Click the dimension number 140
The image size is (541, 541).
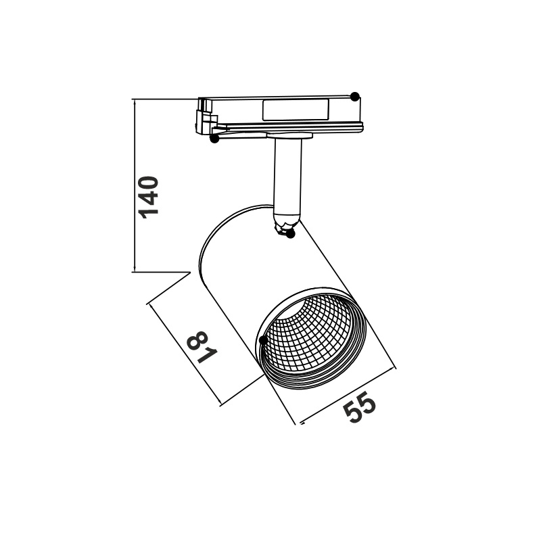148,197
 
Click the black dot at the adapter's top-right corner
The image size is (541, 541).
355,97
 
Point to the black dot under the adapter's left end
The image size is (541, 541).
214,139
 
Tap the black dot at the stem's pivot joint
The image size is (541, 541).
291,234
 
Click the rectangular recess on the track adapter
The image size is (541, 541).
296,110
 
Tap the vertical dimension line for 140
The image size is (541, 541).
135,186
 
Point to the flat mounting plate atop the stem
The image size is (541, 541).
289,136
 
